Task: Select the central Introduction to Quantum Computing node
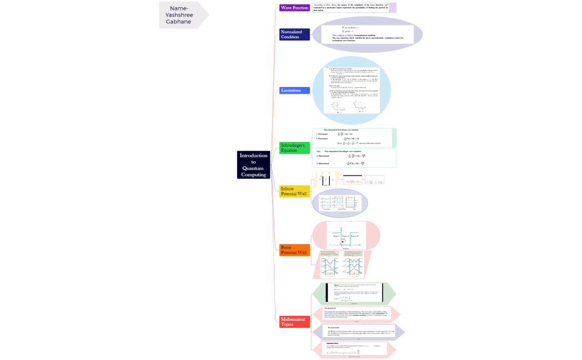click(x=253, y=165)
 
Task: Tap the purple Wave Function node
click(x=294, y=8)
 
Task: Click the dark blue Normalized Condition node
click(x=294, y=34)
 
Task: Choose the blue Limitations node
click(x=294, y=90)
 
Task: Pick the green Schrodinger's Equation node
click(x=294, y=148)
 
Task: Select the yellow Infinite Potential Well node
click(x=294, y=192)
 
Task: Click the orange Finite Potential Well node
click(x=294, y=250)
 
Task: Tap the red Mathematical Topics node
click(x=294, y=322)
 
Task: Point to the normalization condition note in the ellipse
click(x=367, y=34)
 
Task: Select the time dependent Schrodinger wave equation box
click(x=354, y=158)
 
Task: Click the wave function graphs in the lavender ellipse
click(x=339, y=203)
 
